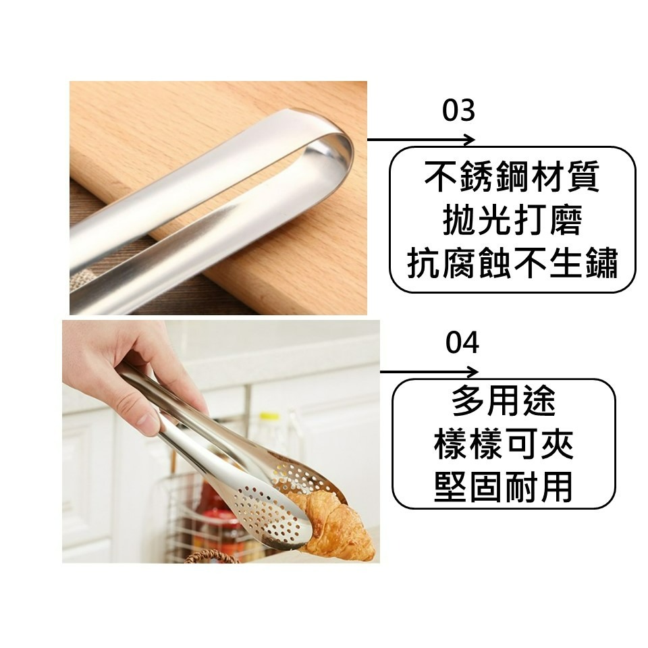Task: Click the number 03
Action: pos(458,111)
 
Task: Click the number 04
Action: pos(462,343)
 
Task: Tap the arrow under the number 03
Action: pos(421,140)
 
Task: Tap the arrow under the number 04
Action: pos(429,372)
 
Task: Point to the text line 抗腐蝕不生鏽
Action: pos(512,264)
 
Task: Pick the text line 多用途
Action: pos(503,403)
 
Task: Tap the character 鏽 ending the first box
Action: pos(599,264)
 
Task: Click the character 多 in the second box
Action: pos(468,403)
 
